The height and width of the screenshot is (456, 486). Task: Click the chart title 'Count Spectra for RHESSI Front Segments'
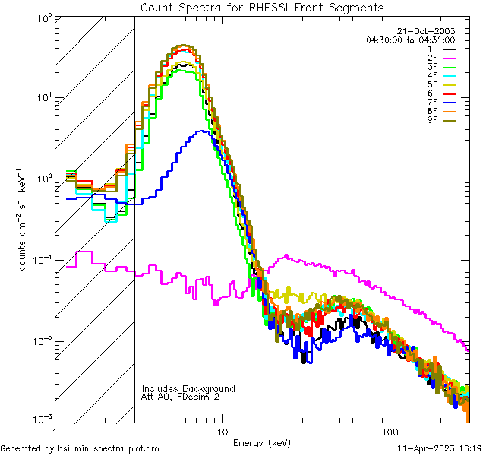(x=262, y=8)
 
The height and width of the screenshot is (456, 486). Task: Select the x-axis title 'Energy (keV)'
(x=261, y=442)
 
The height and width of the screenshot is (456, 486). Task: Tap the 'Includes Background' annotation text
(x=188, y=388)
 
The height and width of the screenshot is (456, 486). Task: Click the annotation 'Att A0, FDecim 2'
(x=181, y=397)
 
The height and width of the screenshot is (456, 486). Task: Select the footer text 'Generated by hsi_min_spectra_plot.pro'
(x=80, y=449)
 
